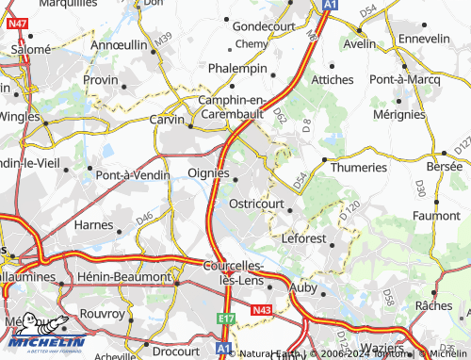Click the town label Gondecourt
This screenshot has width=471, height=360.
[x=264, y=26]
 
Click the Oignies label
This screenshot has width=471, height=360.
[x=208, y=172]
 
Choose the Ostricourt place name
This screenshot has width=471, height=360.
[x=257, y=203]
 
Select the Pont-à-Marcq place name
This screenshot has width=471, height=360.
[x=406, y=79]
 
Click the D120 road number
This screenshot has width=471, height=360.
[x=350, y=209]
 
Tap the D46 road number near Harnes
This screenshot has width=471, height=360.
[x=144, y=219]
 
